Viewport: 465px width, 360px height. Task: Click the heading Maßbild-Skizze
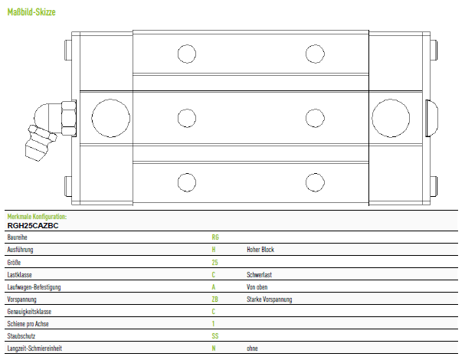click(x=31, y=12)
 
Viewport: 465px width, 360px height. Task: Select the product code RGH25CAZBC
click(x=33, y=226)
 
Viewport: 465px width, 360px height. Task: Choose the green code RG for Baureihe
click(x=215, y=237)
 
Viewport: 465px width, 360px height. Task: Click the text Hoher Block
click(x=260, y=250)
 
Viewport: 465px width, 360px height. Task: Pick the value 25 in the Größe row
click(x=215, y=263)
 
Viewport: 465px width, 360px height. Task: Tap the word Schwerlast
click(x=259, y=275)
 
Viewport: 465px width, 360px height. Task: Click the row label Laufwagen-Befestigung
click(x=34, y=287)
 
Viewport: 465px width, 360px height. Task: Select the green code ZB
click(x=215, y=299)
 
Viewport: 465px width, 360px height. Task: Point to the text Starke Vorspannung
click(x=270, y=299)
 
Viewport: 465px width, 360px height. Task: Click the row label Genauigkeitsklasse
click(x=29, y=312)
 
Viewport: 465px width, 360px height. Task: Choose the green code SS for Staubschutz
click(x=215, y=336)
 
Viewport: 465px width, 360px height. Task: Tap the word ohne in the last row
click(x=252, y=349)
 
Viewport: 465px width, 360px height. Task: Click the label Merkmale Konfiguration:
click(x=37, y=217)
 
